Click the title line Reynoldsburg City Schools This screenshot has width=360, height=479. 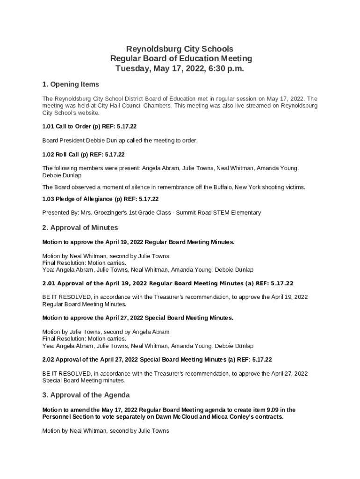tap(180, 49)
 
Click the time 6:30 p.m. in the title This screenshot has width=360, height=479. tap(227, 68)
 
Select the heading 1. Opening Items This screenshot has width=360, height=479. tap(71, 84)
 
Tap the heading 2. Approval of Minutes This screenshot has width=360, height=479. tap(80, 228)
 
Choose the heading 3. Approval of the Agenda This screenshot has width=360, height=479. tap(86, 395)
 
